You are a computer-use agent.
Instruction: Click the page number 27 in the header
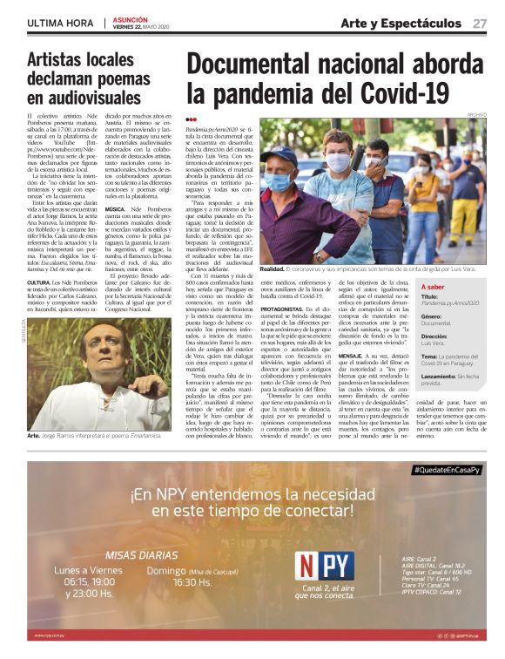(x=480, y=23)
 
